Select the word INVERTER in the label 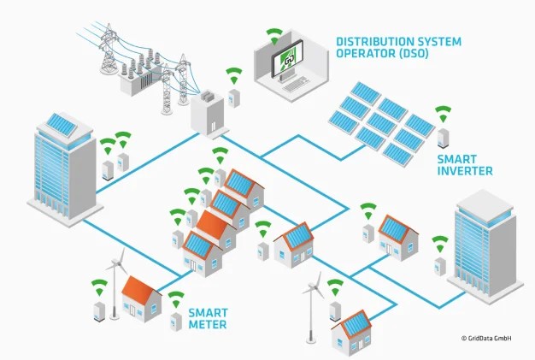(x=464, y=171)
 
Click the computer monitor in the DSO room (x=291, y=62)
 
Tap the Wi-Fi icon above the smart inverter (x=443, y=113)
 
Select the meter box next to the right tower (x=439, y=266)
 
